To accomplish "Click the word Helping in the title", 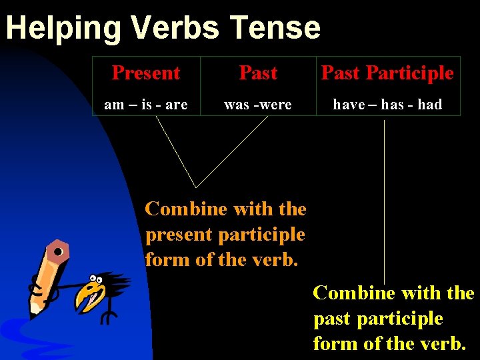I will coord(64,28).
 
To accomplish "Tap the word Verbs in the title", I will coord(176,28).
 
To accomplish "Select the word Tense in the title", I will coord(275,28).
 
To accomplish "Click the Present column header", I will coord(146,73).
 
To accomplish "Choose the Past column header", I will coord(258,73).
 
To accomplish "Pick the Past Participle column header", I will coord(387,73).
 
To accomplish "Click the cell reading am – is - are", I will coord(146,104).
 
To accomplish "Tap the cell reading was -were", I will coord(258,104).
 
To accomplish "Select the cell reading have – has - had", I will coord(387,104).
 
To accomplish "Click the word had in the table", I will coord(430,104).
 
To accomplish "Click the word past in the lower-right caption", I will coord(333,319).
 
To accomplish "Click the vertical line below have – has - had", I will coord(385,200).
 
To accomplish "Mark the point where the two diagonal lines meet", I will coord(197,187).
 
